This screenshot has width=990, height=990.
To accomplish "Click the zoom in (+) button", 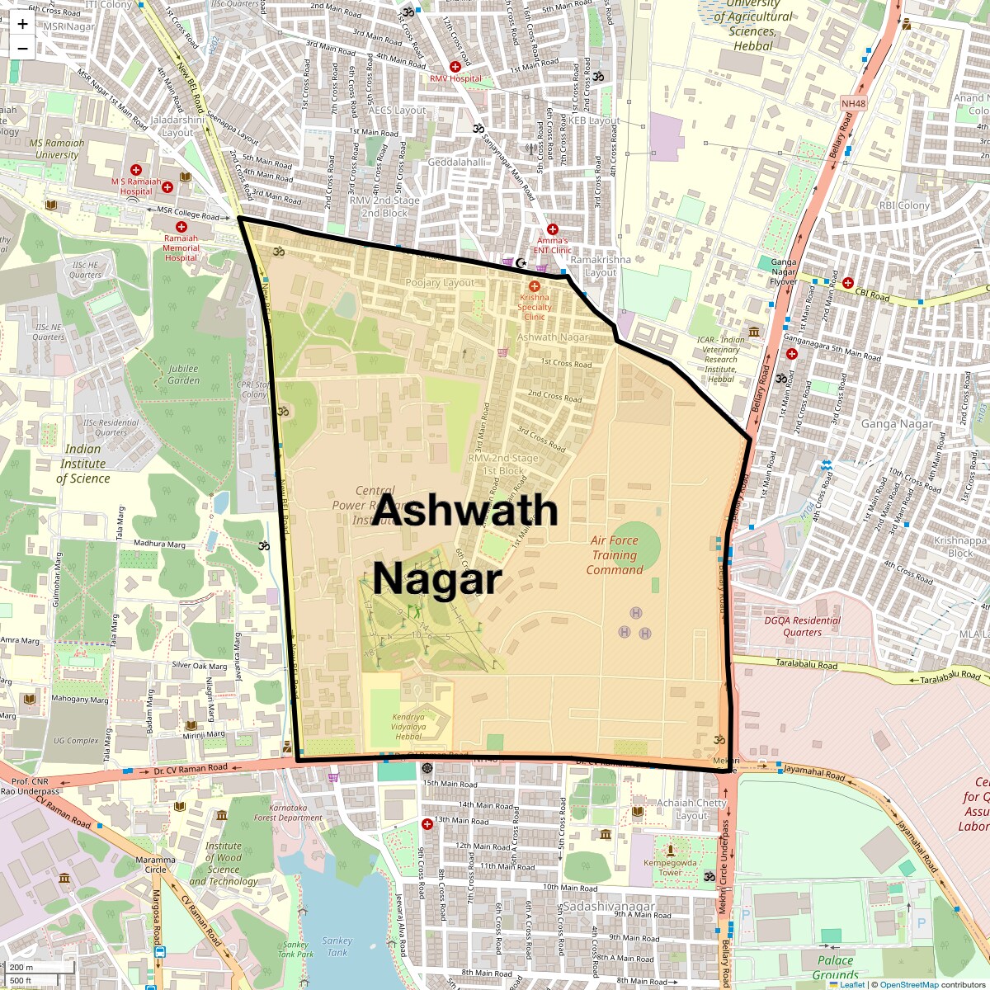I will tap(22, 23).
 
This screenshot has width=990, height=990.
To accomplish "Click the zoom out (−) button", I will tap(22, 48).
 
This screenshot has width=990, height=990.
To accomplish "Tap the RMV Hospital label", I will tap(455, 78).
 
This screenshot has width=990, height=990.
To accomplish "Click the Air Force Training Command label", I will tap(614, 555).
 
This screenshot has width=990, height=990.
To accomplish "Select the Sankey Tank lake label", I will tap(337, 946).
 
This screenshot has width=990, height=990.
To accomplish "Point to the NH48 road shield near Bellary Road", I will tap(853, 104).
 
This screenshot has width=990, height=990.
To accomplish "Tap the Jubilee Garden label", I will tap(183, 375).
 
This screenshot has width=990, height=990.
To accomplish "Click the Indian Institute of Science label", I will tap(82, 464).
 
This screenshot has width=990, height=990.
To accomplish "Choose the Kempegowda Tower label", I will tap(670, 868).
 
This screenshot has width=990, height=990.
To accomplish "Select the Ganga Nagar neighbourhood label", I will tap(896, 424).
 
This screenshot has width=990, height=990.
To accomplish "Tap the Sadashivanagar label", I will tap(609, 906).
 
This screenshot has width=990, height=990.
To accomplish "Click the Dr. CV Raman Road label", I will tap(191, 768).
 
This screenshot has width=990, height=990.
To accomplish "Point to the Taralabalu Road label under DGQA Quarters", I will tap(806, 665).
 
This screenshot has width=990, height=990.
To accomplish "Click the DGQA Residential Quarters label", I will tap(802, 626).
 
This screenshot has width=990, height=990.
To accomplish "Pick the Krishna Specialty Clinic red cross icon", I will tap(534, 285).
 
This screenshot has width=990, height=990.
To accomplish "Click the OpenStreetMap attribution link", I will tap(908, 984).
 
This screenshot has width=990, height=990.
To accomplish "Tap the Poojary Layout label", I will tap(440, 282).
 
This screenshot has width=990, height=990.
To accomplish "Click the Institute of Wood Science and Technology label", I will tap(224, 863).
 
